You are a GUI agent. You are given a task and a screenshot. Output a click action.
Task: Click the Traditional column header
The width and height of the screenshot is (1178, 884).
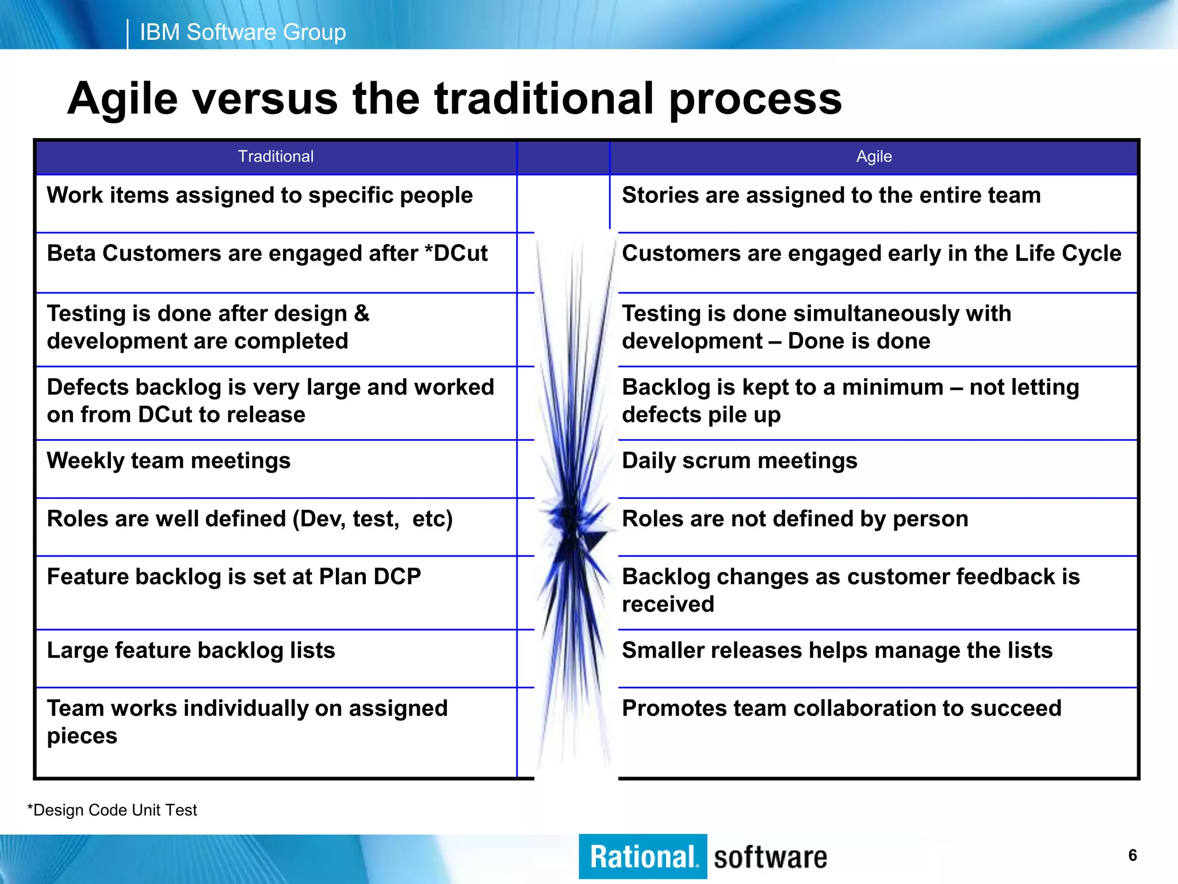pyautogui.click(x=276, y=157)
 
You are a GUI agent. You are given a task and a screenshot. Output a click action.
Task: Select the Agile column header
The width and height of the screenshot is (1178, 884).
pyautogui.click(x=873, y=157)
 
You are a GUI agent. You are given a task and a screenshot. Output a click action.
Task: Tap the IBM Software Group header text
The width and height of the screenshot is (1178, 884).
pyautogui.click(x=243, y=32)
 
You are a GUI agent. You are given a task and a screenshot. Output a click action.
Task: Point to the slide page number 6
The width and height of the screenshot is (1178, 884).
pyautogui.click(x=1132, y=855)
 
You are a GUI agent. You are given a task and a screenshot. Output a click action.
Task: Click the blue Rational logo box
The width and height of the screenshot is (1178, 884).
pyautogui.click(x=642, y=856)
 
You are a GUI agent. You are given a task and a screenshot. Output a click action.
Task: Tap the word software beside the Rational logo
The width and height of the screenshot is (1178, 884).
pyautogui.click(x=770, y=858)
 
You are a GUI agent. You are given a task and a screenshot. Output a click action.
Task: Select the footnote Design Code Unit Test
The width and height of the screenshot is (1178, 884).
pyautogui.click(x=113, y=810)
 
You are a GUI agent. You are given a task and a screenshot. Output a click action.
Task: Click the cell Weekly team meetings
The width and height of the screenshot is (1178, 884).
pyautogui.click(x=169, y=461)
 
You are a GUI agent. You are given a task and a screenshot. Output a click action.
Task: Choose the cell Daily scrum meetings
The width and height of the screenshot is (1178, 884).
pyautogui.click(x=739, y=461)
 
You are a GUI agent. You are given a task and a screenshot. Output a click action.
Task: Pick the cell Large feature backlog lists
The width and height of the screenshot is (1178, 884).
pyautogui.click(x=190, y=650)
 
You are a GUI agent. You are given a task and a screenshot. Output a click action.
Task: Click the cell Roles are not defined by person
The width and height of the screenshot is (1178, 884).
pyautogui.click(x=795, y=519)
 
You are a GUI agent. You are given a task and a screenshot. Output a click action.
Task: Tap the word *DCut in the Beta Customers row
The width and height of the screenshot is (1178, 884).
pyautogui.click(x=456, y=254)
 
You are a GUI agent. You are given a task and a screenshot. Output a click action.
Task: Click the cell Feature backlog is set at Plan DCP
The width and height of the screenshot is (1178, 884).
pyautogui.click(x=234, y=577)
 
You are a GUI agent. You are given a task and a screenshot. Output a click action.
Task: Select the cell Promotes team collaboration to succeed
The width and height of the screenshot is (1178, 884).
pyautogui.click(x=841, y=708)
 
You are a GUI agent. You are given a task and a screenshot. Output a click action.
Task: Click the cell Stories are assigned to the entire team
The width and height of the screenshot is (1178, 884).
pyautogui.click(x=831, y=196)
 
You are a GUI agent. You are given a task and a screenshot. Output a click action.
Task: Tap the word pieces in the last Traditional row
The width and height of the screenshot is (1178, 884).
pyautogui.click(x=82, y=736)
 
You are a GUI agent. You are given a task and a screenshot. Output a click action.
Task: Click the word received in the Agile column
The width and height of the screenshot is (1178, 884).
pyautogui.click(x=668, y=604)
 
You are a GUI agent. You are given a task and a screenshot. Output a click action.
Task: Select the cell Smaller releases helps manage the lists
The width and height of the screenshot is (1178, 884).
pyautogui.click(x=837, y=650)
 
